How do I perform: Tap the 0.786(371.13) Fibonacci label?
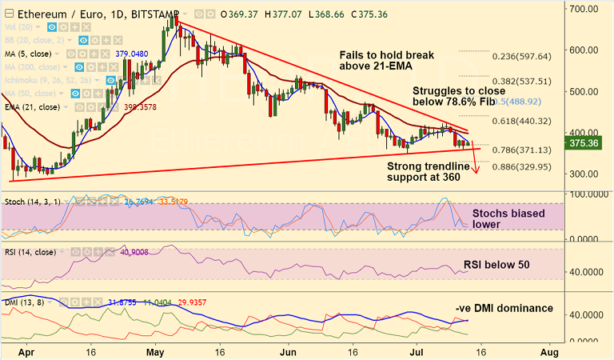pyautogui.click(x=521, y=150)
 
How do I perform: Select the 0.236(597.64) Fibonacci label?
pyautogui.click(x=521, y=56)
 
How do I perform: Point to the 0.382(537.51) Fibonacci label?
pyautogui.click(x=521, y=81)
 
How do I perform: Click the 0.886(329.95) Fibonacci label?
pyautogui.click(x=521, y=166)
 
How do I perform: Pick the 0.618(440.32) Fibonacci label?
pyautogui.click(x=521, y=121)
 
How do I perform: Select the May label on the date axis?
pyautogui.click(x=156, y=351)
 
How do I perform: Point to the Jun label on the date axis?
pyautogui.click(x=289, y=351)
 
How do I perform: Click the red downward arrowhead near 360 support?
pyautogui.click(x=477, y=170)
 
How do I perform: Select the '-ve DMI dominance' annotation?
pyautogui.click(x=504, y=308)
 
